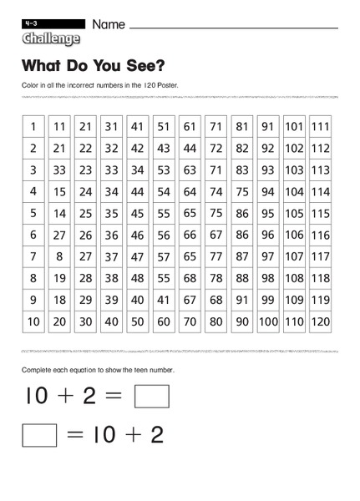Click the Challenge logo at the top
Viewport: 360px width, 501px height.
pyautogui.click(x=51, y=39)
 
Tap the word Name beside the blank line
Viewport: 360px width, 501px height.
pyautogui.click(x=109, y=25)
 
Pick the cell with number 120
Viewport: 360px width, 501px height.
pyautogui.click(x=320, y=321)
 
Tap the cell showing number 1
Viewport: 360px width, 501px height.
pyautogui.click(x=33, y=127)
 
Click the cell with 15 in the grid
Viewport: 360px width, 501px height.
pyautogui.click(x=59, y=191)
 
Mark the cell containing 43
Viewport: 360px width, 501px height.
pyautogui.click(x=164, y=149)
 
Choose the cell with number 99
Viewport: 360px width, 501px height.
pyautogui.click(x=268, y=299)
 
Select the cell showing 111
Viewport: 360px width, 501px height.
pyautogui.click(x=320, y=127)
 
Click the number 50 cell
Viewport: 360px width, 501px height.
pyautogui.click(x=138, y=321)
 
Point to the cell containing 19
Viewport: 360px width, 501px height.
pyautogui.click(x=59, y=277)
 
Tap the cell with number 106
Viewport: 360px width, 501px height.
pyautogui.click(x=294, y=235)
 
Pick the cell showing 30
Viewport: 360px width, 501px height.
pyautogui.click(x=85, y=321)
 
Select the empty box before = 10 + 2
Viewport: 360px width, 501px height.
pyautogui.click(x=39, y=435)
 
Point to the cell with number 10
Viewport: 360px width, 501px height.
pyautogui.click(x=33, y=321)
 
